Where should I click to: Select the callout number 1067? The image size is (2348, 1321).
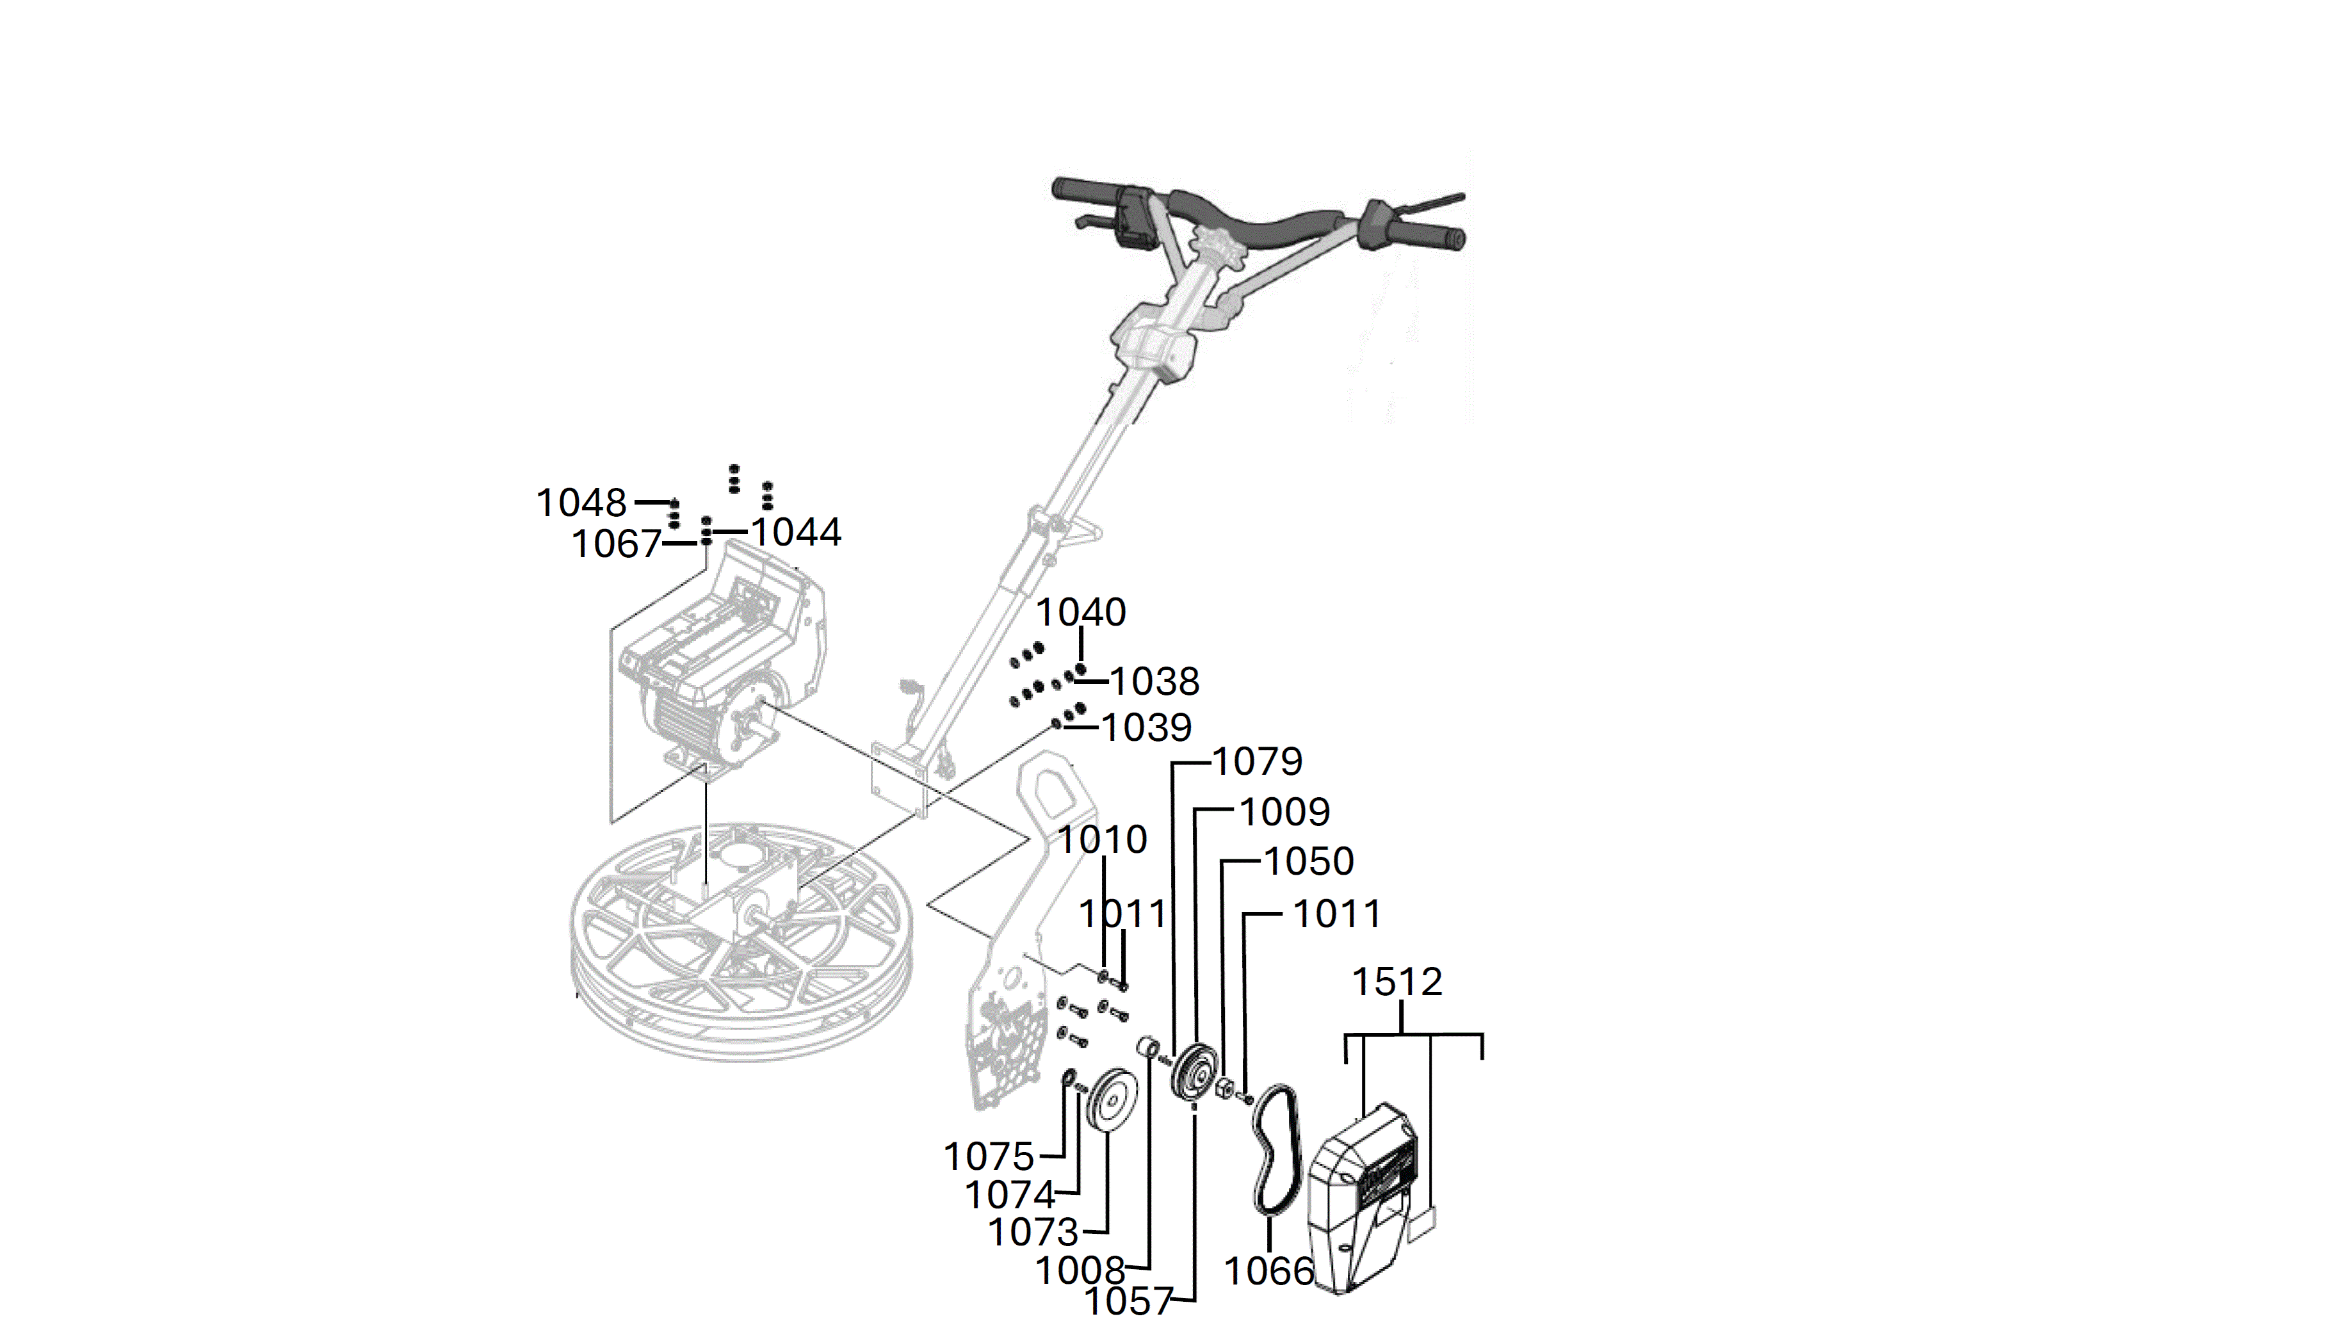(x=616, y=544)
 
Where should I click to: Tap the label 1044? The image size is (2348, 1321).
(x=796, y=531)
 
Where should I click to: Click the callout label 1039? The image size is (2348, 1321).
(x=1147, y=727)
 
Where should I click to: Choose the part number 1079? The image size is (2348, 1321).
(x=1258, y=761)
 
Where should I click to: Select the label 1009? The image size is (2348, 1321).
(x=1284, y=811)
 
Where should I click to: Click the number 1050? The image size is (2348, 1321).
(x=1309, y=861)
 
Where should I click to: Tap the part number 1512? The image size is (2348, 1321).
(x=1397, y=982)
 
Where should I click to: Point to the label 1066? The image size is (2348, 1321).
(x=1269, y=1271)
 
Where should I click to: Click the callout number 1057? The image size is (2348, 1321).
(x=1128, y=1301)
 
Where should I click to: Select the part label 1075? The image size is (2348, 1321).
(x=989, y=1157)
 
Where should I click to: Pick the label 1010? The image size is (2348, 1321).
(x=1102, y=839)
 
